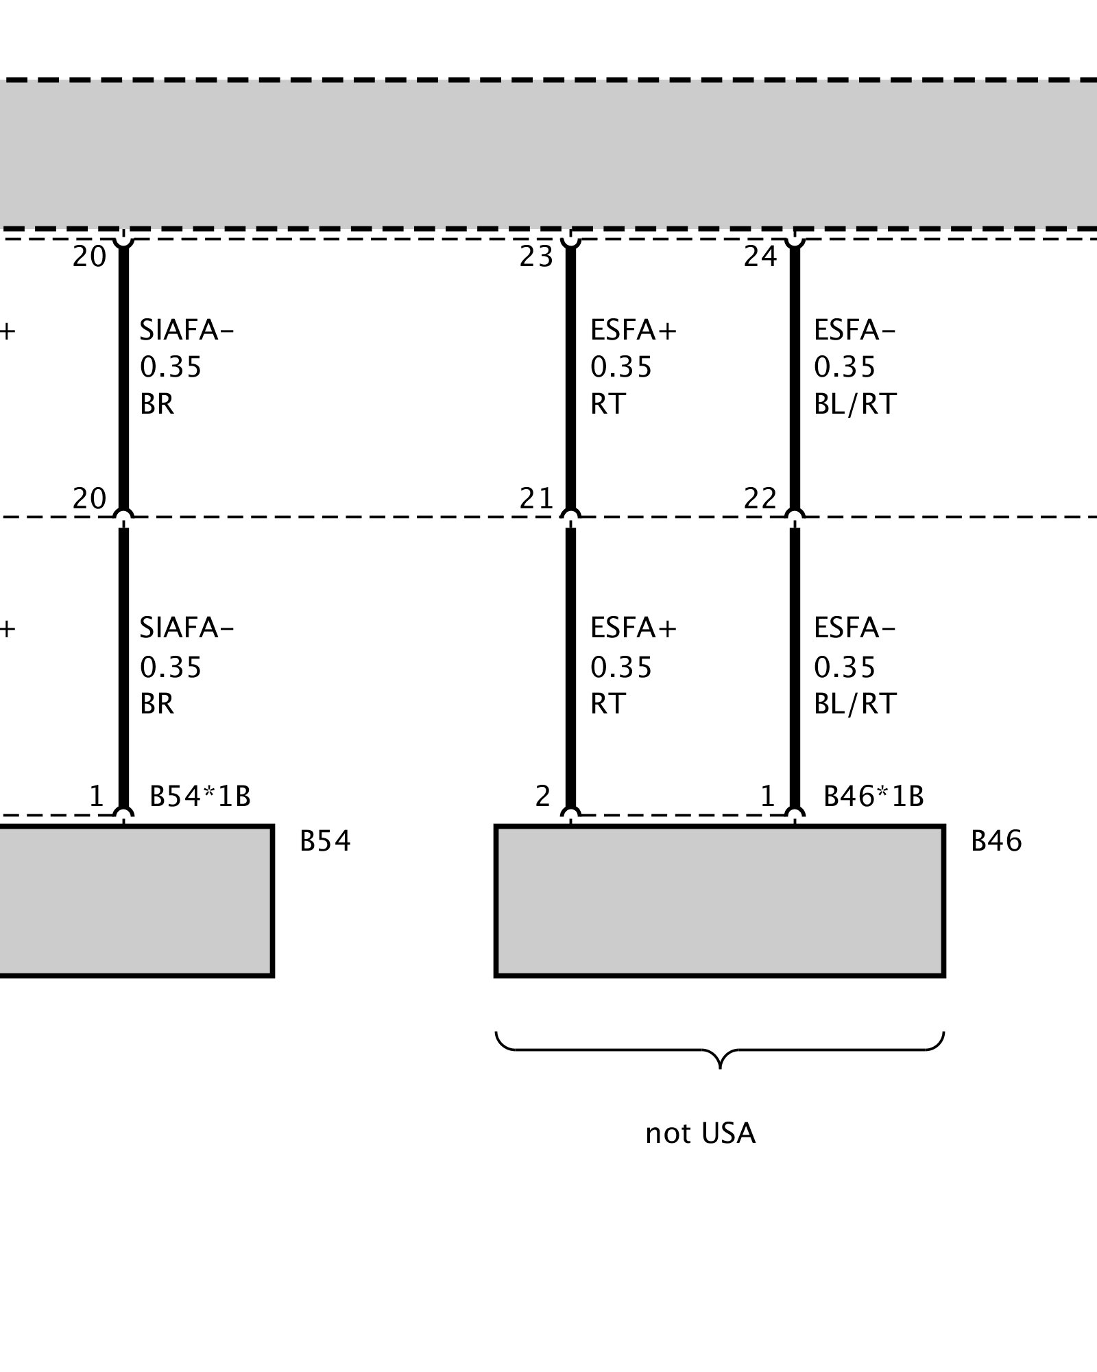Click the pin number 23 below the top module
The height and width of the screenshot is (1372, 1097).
tap(535, 257)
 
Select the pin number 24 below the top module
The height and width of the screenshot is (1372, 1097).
tap(760, 257)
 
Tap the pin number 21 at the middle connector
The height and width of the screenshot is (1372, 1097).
tap(535, 499)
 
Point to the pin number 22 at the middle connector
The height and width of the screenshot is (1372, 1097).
tap(760, 499)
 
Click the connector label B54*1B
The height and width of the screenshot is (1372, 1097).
tap(200, 796)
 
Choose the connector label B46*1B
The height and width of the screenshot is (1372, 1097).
tap(873, 796)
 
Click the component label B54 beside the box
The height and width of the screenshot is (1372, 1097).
tap(325, 841)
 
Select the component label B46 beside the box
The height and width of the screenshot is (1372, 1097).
tap(996, 841)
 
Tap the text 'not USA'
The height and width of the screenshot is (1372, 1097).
tap(700, 1133)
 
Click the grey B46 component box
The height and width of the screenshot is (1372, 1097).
tap(720, 901)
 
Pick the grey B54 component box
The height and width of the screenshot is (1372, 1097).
tap(137, 901)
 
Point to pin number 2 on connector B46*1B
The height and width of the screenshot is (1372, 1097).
tap(542, 796)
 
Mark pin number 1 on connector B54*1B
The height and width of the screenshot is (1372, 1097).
tap(96, 796)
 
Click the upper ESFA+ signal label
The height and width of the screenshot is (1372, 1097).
tap(633, 331)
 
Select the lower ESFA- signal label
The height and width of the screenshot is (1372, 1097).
tap(854, 628)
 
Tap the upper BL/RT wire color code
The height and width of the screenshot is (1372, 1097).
tap(855, 404)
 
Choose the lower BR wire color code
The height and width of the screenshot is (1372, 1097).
tap(157, 704)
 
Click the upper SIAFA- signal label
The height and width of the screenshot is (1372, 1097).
tap(186, 331)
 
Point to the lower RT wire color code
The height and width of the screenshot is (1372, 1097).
tap(607, 704)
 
